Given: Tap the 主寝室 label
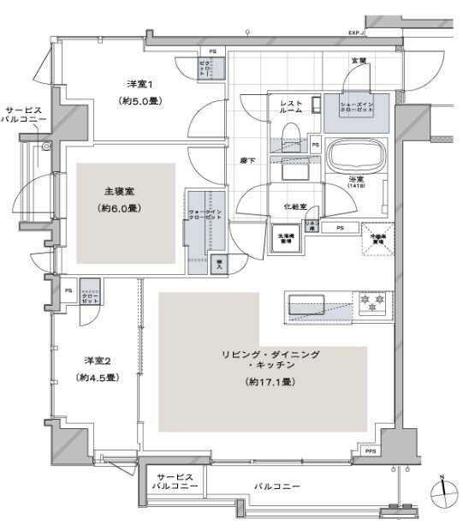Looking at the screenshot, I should pyautogui.click(x=116, y=191).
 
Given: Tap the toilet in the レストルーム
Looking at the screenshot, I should pyautogui.click(x=289, y=134).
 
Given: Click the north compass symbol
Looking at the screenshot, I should pyautogui.click(x=443, y=491).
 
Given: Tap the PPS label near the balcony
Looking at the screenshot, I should pyautogui.click(x=370, y=450).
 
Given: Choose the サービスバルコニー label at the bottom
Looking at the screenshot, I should pyautogui.click(x=175, y=481).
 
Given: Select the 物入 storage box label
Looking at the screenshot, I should pyautogui.click(x=218, y=265).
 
